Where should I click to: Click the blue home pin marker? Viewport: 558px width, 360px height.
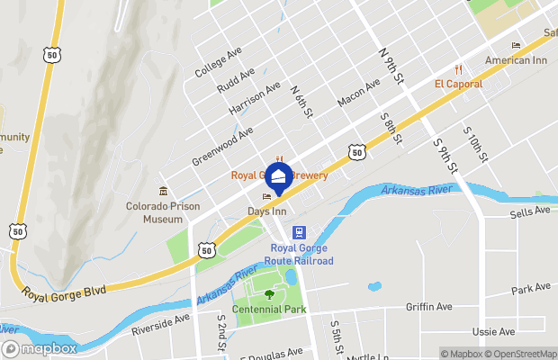coord(278,175)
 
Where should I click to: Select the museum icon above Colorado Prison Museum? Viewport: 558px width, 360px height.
coord(163,191)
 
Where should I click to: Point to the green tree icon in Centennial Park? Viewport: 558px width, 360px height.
coord(269,293)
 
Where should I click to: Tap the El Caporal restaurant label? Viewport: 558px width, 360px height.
coord(458,84)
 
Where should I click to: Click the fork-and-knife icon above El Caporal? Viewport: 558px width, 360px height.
coord(458,69)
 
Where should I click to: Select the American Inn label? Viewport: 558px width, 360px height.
coord(516,60)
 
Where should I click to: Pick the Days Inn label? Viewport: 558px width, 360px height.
coord(266,211)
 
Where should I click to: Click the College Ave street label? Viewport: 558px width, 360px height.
coord(218,61)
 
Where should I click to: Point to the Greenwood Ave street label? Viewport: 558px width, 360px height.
coord(222,146)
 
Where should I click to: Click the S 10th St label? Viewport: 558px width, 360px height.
coord(475,144)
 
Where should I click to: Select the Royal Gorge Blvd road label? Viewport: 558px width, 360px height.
coord(64,291)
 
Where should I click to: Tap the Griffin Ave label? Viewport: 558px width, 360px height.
coord(428,307)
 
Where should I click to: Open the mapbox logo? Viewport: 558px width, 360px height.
coord(40,348)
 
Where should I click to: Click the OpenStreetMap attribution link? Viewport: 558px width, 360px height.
coord(521,353)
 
